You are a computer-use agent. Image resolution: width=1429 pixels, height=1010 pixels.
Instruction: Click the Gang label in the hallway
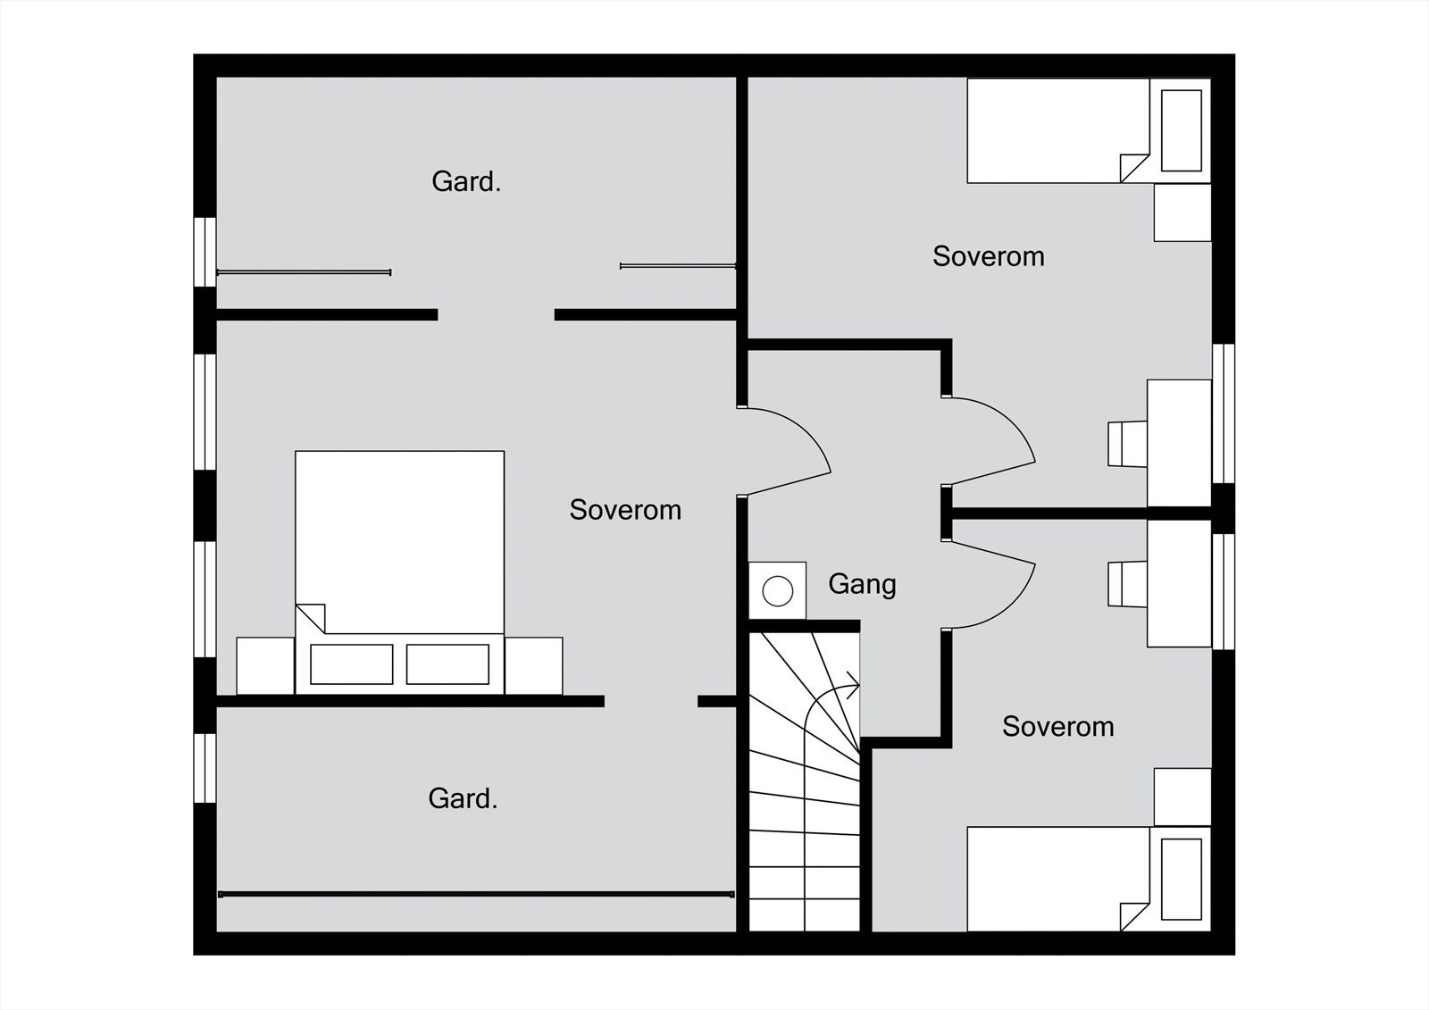click(862, 584)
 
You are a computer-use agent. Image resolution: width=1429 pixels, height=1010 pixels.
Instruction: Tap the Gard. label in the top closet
click(466, 182)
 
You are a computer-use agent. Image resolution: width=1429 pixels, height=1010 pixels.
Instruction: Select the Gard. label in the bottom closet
click(463, 799)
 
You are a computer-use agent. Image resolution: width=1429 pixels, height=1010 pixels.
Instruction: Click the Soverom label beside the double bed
click(625, 510)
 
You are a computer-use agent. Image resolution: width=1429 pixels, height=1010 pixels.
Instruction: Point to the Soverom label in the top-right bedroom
click(988, 256)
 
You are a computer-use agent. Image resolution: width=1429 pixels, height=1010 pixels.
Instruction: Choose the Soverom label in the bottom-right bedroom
click(1057, 727)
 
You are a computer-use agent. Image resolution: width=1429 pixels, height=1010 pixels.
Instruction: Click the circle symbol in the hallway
click(778, 591)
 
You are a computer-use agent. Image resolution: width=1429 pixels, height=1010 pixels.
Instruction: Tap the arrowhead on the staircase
click(854, 685)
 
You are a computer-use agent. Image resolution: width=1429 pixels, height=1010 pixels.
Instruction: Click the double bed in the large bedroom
click(399, 572)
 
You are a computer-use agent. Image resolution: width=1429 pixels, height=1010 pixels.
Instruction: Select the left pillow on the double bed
click(352, 664)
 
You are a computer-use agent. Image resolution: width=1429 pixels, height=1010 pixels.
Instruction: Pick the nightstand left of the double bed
click(265, 665)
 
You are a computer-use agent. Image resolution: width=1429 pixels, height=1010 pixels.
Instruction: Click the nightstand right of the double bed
click(533, 665)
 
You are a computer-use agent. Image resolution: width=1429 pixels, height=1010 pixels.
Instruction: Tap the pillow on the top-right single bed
click(1182, 130)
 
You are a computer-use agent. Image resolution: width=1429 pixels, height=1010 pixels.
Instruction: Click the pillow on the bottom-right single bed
click(1182, 880)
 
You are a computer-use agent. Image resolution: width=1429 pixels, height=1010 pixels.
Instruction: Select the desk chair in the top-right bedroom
click(1127, 444)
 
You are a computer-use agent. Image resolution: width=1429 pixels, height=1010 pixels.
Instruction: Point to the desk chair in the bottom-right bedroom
click(1127, 584)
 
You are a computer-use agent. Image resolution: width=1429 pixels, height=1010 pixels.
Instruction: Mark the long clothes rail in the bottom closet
click(476, 895)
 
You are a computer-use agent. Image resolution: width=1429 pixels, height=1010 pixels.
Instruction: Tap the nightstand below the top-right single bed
click(1182, 213)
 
